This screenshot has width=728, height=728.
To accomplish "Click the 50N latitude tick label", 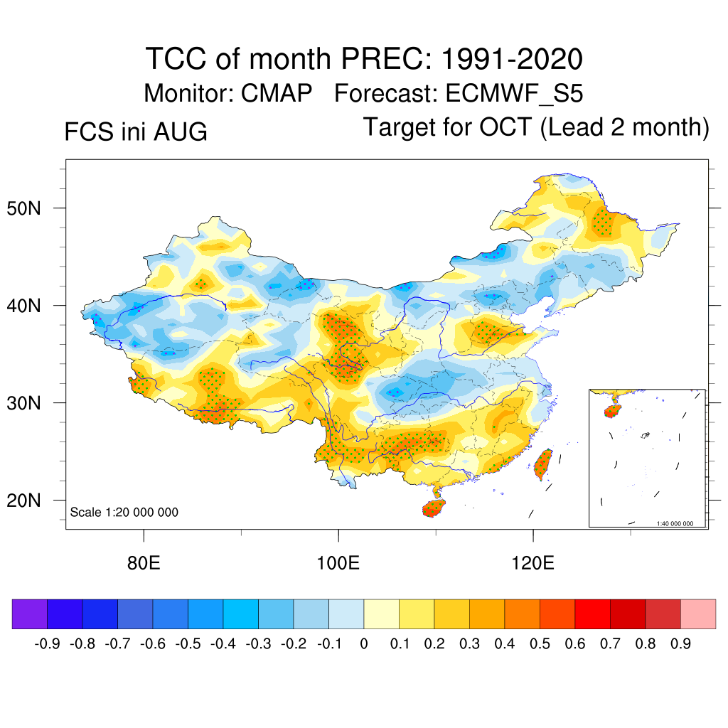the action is (23, 209).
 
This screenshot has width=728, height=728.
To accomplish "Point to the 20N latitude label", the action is (23, 501).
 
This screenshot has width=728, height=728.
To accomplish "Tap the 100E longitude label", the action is (338, 563).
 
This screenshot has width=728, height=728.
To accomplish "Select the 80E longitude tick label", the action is (144, 563).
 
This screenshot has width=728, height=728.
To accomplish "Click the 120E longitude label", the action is (532, 563).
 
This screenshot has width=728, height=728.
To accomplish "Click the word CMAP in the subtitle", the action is (277, 93).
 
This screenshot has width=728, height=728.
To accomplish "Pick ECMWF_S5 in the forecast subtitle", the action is (514, 94).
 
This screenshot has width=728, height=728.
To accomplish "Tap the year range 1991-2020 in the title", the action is (512, 59).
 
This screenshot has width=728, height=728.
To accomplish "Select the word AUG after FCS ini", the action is (180, 132).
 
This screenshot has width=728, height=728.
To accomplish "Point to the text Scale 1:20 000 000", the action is (124, 512).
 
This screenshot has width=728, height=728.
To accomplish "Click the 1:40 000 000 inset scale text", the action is (675, 523).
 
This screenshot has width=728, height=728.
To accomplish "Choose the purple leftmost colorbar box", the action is (30, 614).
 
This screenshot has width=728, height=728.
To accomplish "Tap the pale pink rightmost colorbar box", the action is (698, 614).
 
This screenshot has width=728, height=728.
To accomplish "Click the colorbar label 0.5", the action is (540, 644).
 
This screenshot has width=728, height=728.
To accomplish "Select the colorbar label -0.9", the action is (47, 644).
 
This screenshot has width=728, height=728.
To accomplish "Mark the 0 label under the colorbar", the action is (364, 644).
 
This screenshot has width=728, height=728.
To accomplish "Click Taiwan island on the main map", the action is (543, 464).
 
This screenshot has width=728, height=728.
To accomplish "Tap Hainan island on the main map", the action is (434, 508).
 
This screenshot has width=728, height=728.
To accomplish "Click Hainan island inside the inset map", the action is (612, 411).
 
